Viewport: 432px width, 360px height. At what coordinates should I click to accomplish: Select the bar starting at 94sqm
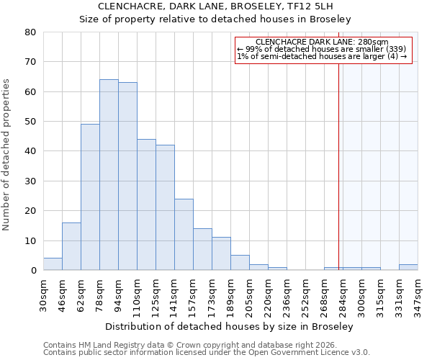(x=127, y=176)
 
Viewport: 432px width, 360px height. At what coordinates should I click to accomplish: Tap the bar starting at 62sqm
(x=90, y=197)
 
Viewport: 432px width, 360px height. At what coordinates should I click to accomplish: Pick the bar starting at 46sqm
(x=71, y=246)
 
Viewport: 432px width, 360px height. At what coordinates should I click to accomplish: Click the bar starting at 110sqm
(x=146, y=204)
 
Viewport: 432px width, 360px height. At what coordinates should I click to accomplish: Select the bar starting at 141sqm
(x=184, y=235)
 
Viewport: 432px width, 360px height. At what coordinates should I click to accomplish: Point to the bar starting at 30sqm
(x=53, y=264)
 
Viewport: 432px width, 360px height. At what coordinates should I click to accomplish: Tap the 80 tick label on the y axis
(x=30, y=32)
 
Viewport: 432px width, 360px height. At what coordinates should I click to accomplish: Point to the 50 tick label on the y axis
(x=30, y=122)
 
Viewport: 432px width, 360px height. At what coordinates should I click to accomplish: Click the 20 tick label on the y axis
(x=30, y=211)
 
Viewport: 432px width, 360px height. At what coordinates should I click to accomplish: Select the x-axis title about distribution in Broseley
(x=230, y=326)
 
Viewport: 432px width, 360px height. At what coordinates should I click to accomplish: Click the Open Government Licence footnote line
(x=207, y=353)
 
